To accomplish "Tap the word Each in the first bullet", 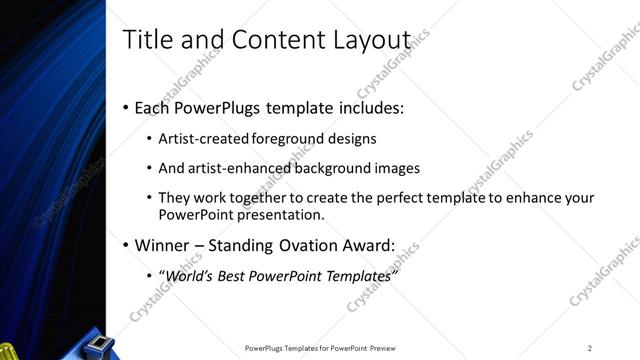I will (151, 108).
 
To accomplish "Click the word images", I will (392, 168).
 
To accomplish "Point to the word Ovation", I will (319, 245).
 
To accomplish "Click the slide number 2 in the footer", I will (590, 348).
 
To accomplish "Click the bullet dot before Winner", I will (125, 246).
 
